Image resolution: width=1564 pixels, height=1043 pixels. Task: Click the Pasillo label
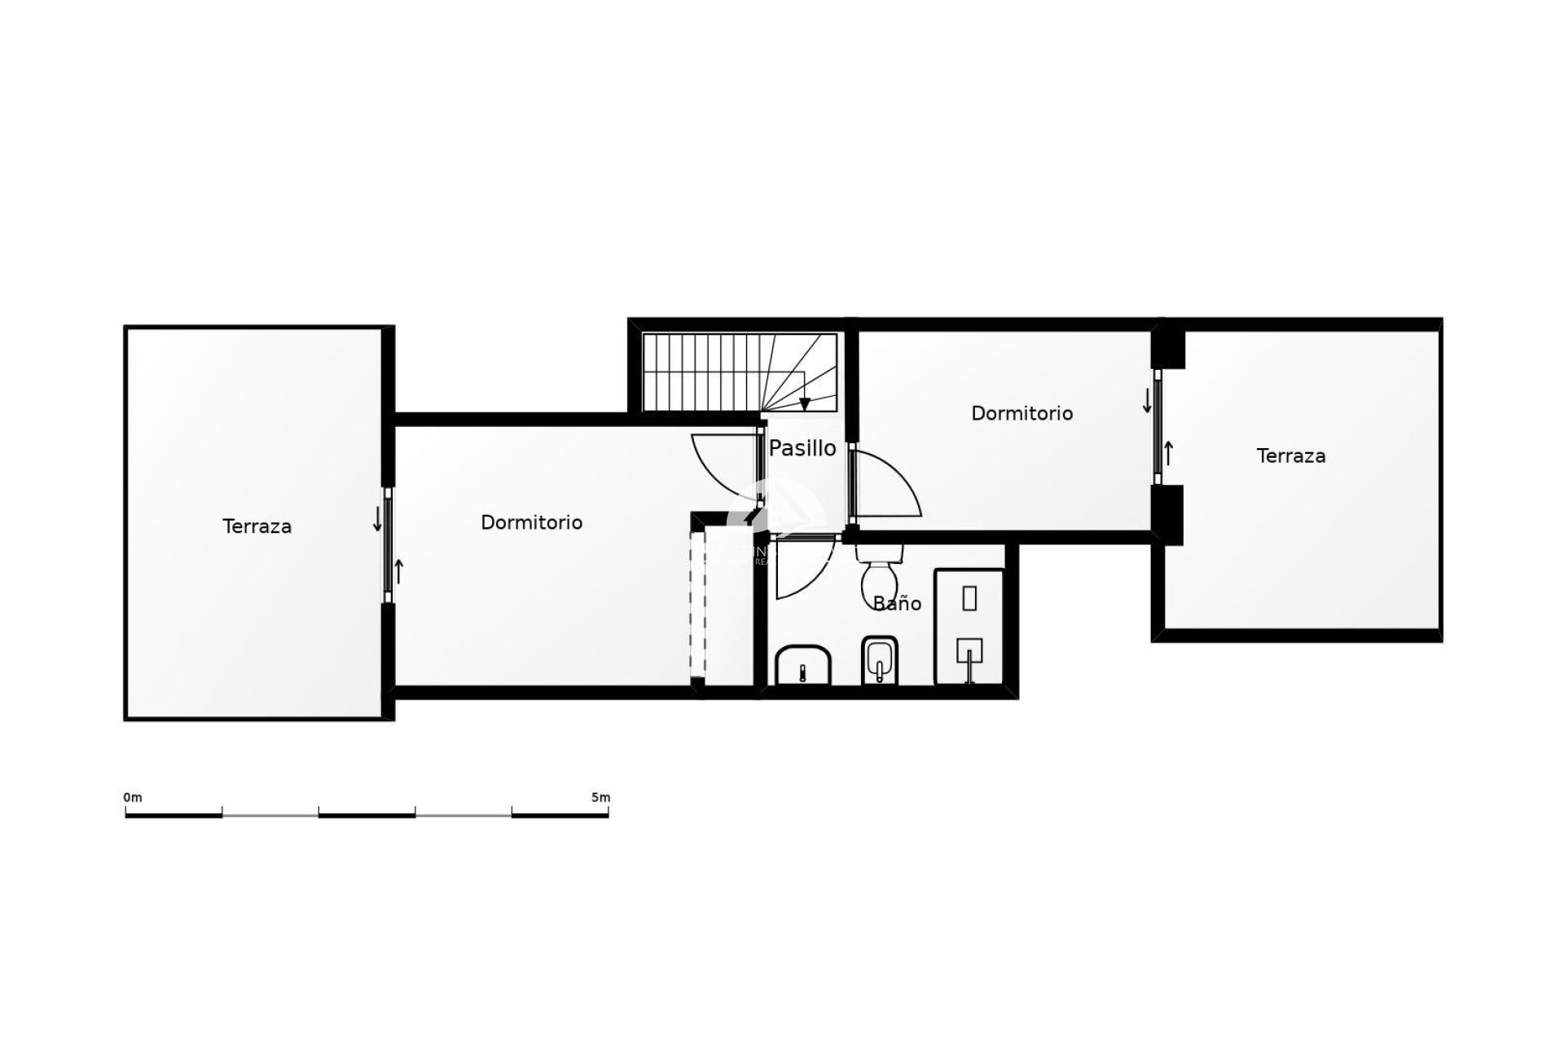pos(802,448)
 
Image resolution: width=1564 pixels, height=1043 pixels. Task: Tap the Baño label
pos(897,604)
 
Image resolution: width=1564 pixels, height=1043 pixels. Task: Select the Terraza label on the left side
pos(257,526)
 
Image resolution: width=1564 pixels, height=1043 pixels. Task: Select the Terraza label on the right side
pos(1290,456)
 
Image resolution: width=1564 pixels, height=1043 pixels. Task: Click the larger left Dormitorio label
pos(531,522)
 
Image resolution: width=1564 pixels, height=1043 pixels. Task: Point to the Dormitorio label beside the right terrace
pos(1021,413)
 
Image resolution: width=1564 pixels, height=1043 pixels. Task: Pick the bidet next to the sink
pos(879,660)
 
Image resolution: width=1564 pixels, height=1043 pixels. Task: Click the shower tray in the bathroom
pos(969,626)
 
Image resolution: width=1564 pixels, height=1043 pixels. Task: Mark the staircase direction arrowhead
pos(805,404)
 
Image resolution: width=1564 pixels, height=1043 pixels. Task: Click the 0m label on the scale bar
pos(133,797)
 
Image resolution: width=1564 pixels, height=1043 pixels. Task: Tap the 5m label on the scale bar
pos(600,797)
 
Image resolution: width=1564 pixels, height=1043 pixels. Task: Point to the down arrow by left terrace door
pos(377,519)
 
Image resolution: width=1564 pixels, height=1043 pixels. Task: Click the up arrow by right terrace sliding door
pos(1169,453)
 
